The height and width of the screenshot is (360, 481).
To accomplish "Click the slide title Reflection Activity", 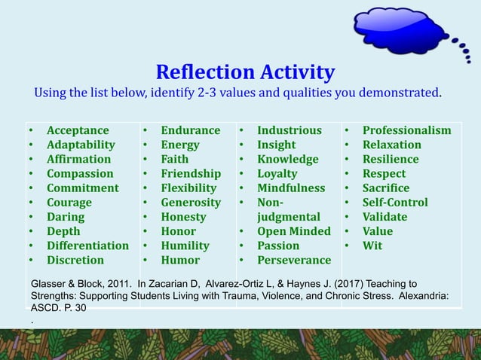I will pyautogui.click(x=245, y=72).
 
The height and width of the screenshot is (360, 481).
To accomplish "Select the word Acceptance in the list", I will pyautogui.click(x=78, y=130).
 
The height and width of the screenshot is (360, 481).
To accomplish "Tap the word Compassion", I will pyautogui.click(x=79, y=173).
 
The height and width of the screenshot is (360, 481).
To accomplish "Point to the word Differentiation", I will pyautogui.click(x=87, y=246).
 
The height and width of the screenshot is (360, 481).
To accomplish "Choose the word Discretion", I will pyautogui.click(x=75, y=260).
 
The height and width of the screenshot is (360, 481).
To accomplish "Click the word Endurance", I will pyautogui.click(x=191, y=130).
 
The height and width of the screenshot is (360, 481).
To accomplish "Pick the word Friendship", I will pyautogui.click(x=191, y=173).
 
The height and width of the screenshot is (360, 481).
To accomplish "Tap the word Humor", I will pyautogui.click(x=180, y=260).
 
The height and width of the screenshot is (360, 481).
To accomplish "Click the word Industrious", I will pyautogui.click(x=290, y=130).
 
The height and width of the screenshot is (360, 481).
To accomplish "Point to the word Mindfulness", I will pyautogui.click(x=291, y=188).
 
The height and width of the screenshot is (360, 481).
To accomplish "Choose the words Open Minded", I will pyautogui.click(x=294, y=231).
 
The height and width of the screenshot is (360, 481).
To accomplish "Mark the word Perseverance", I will pyautogui.click(x=294, y=260).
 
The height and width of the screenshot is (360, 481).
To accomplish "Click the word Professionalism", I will pyautogui.click(x=407, y=130).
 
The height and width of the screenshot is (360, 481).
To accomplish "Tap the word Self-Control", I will pyautogui.click(x=395, y=203).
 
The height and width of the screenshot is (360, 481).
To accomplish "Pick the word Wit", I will pyautogui.click(x=372, y=246).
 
